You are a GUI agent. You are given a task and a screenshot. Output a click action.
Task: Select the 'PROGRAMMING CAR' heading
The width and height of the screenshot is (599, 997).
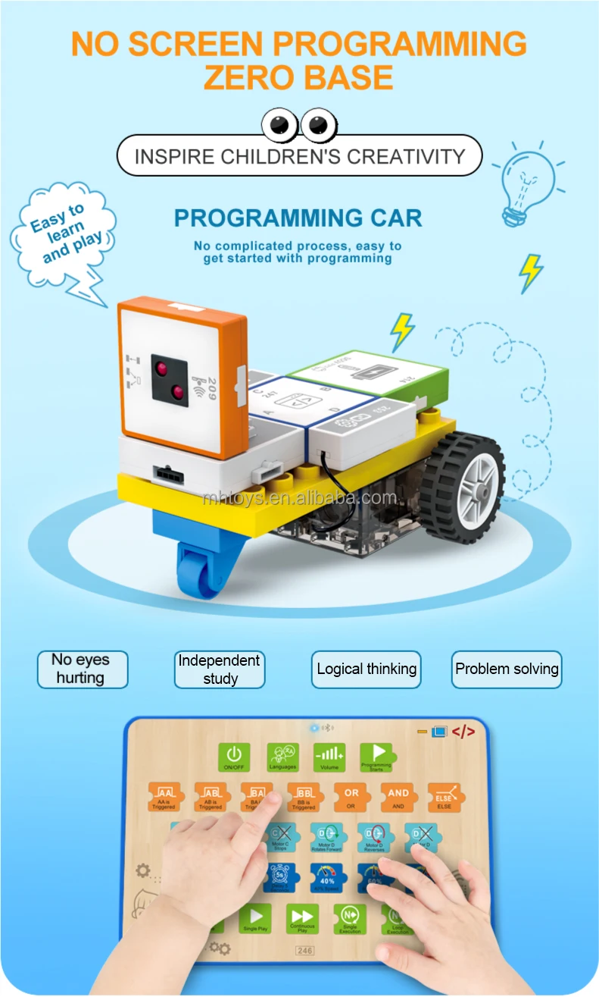(x=298, y=218)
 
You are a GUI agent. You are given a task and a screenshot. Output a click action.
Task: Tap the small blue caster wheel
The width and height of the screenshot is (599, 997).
(x=195, y=573)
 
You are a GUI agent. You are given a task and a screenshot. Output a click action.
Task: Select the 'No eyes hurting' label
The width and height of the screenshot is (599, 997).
(x=82, y=669)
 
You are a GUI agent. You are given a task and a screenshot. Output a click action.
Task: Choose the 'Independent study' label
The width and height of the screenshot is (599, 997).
(x=220, y=669)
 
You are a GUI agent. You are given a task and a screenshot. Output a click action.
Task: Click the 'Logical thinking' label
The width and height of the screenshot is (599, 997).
(x=367, y=669)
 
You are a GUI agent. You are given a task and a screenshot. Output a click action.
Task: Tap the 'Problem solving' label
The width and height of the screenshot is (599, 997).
(x=507, y=669)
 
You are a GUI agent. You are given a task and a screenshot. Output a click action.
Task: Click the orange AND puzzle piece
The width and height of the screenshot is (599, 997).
(x=398, y=797)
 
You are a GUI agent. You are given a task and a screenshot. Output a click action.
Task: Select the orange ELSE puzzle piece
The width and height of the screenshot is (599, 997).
(x=444, y=797)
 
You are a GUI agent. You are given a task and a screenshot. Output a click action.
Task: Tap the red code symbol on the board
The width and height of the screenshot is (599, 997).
(x=463, y=732)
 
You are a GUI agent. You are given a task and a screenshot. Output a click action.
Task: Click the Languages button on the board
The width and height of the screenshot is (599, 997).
(x=282, y=757)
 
